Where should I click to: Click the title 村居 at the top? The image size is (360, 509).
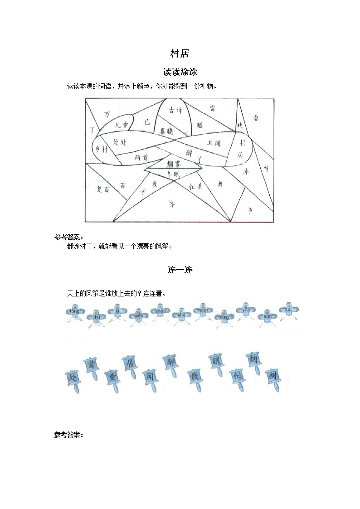click(180, 54)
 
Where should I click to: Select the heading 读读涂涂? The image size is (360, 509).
click(180, 72)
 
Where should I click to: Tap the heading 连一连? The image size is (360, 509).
click(180, 270)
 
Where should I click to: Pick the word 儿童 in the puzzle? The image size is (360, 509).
click(122, 124)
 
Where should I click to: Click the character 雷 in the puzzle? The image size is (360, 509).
click(213, 108)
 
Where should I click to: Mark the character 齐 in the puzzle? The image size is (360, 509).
click(171, 204)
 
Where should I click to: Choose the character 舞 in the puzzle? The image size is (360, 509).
click(220, 184)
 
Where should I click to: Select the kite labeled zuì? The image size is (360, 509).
click(287, 310)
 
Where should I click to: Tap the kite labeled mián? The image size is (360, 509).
click(200, 311)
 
